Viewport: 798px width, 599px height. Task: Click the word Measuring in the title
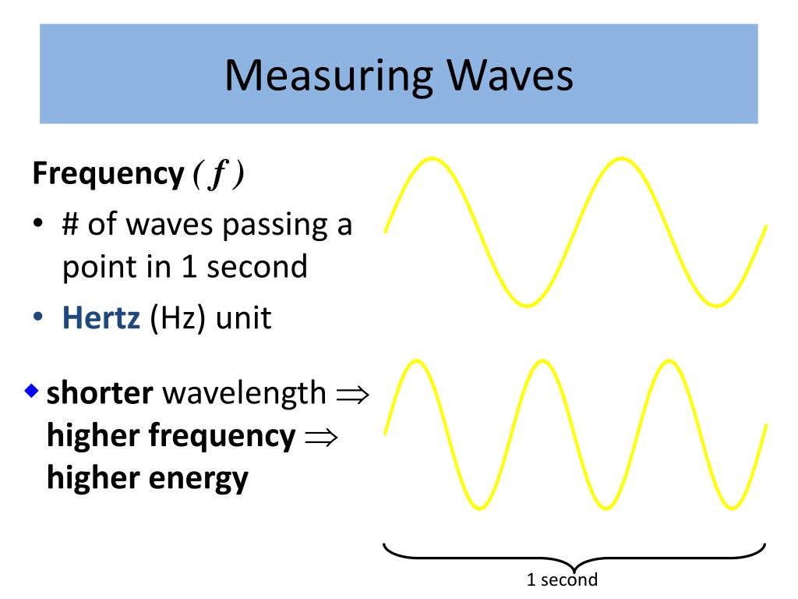(328, 76)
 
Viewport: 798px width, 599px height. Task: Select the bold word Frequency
(107, 174)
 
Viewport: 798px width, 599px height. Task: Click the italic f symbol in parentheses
(219, 175)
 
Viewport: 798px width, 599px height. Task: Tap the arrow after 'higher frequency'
(319, 436)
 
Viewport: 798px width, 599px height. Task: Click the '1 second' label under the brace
(562, 580)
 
